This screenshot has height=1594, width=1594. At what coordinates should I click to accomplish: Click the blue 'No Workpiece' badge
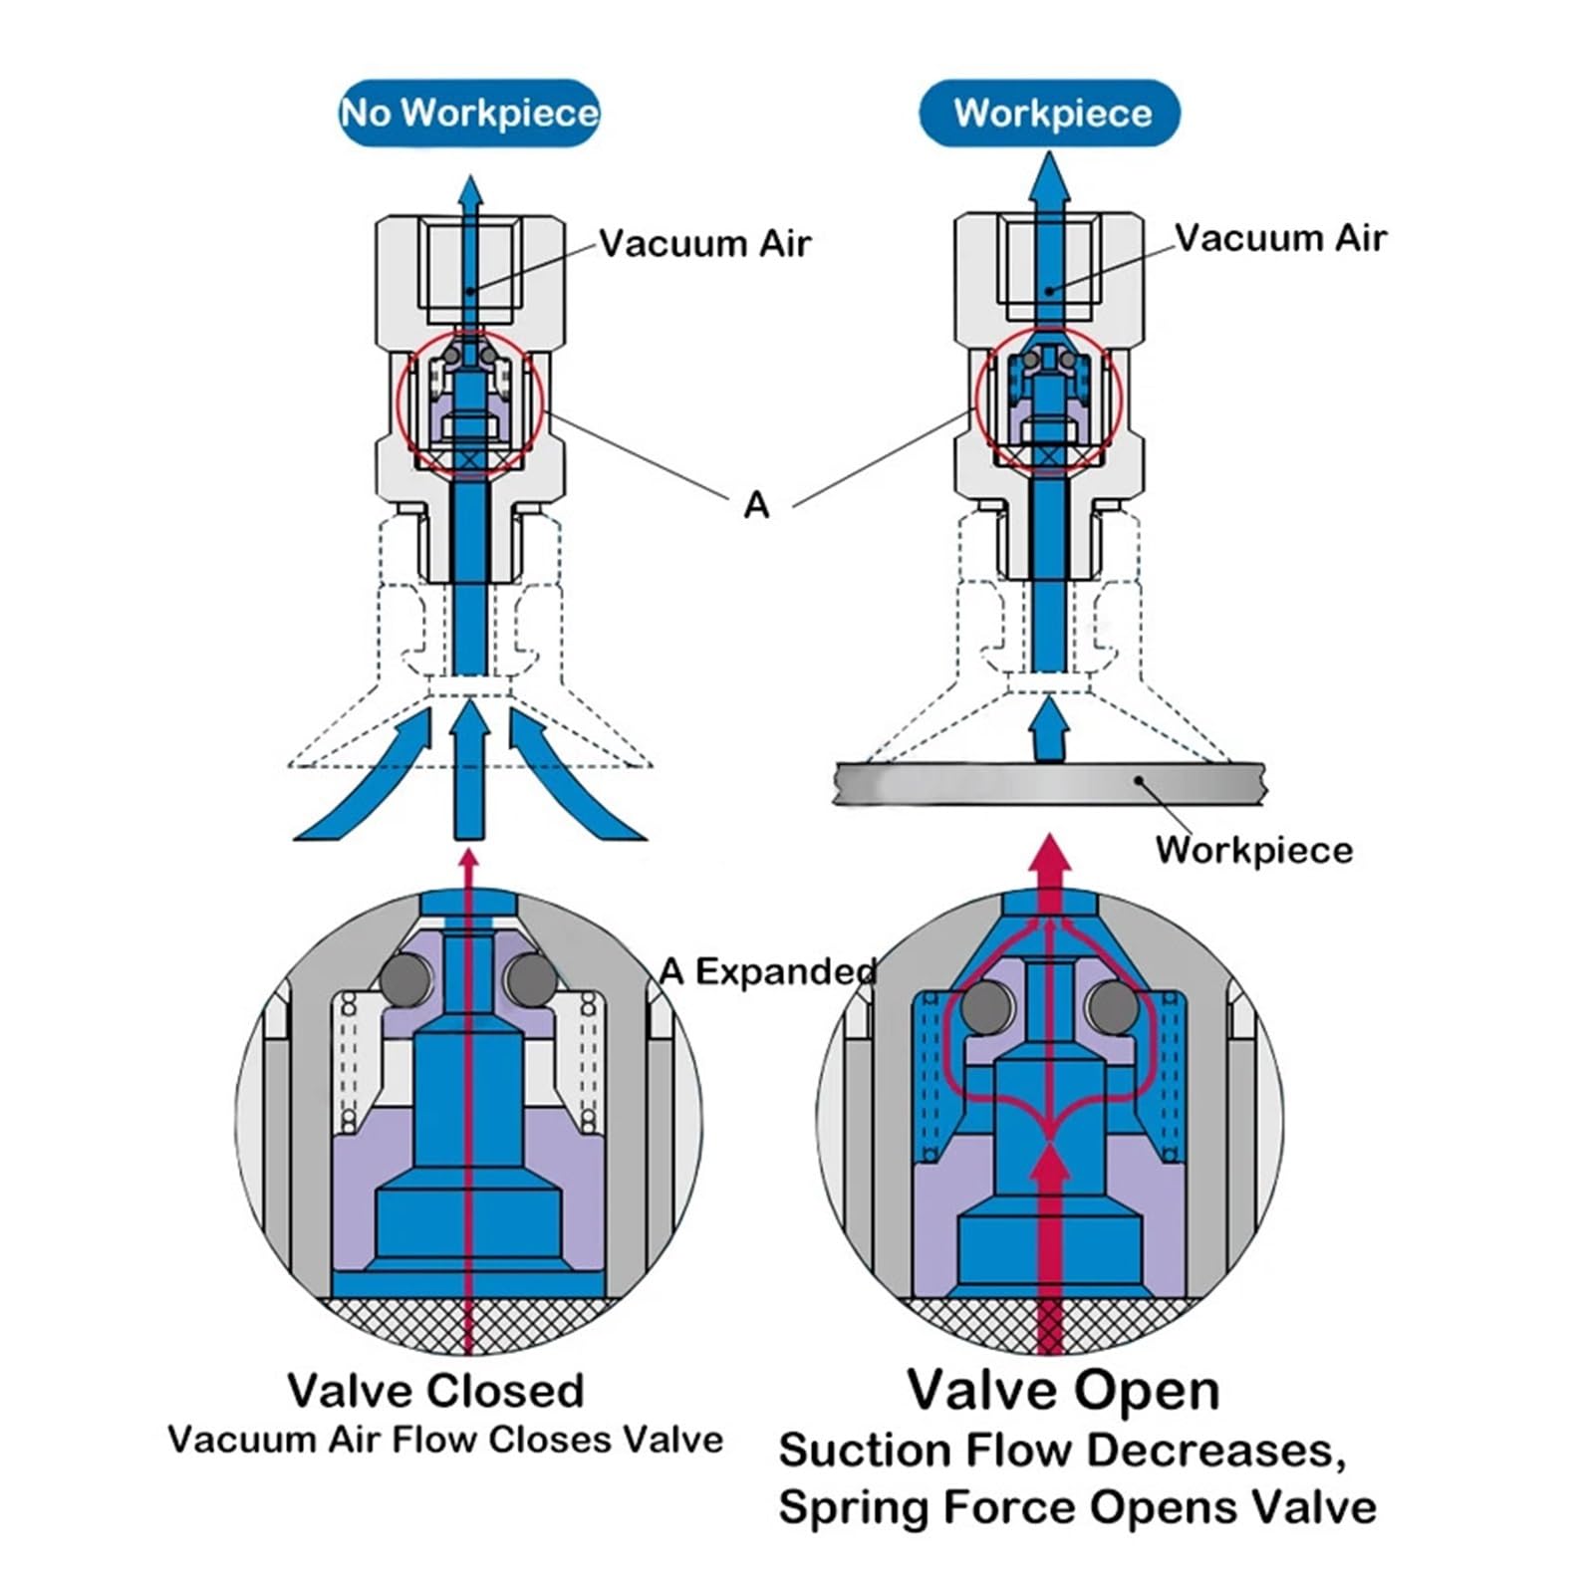pyautogui.click(x=469, y=113)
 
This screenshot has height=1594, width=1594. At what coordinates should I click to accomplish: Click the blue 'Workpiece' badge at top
pyautogui.click(x=1050, y=113)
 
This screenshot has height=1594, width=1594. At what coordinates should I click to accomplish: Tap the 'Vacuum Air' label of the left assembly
pyautogui.click(x=704, y=244)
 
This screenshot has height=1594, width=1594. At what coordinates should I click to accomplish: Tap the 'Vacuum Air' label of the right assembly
pyautogui.click(x=1280, y=238)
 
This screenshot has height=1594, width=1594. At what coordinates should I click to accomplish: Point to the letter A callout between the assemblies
pyautogui.click(x=757, y=505)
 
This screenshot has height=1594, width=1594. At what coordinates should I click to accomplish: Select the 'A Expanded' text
pyautogui.click(x=768, y=971)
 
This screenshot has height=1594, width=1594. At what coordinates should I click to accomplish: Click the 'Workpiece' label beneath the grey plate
pyautogui.click(x=1254, y=850)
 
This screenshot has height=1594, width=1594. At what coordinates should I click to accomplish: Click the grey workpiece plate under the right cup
pyautogui.click(x=1049, y=784)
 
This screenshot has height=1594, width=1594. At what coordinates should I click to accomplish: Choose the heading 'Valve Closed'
pyautogui.click(x=435, y=1391)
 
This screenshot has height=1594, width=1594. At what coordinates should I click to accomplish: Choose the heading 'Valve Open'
pyautogui.click(x=1063, y=1390)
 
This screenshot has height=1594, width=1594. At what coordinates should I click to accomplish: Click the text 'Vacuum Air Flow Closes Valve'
pyautogui.click(x=445, y=1440)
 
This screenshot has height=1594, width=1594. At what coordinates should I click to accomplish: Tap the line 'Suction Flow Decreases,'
pyautogui.click(x=1062, y=1451)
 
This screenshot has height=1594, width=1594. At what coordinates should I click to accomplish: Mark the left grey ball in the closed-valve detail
pyautogui.click(x=405, y=979)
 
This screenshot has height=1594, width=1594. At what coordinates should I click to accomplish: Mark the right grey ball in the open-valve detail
pyautogui.click(x=1113, y=1007)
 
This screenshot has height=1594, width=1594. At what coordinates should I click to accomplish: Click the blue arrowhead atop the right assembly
pyautogui.click(x=1049, y=179)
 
